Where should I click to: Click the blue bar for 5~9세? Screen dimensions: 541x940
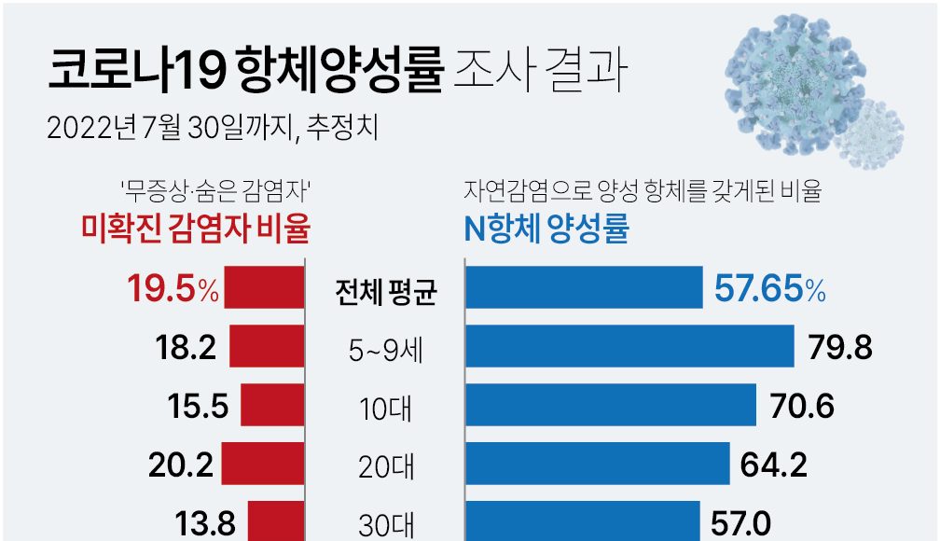[x=629, y=347]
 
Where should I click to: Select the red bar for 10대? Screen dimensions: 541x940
[x=272, y=406]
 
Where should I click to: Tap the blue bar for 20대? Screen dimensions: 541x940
[x=596, y=464]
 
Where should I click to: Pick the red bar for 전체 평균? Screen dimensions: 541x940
[x=264, y=288]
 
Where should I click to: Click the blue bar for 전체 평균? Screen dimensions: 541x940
[x=583, y=288]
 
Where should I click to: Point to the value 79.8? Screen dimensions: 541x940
[x=838, y=348]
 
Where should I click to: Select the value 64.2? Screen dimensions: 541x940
[x=773, y=465]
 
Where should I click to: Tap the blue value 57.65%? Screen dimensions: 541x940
[x=769, y=290]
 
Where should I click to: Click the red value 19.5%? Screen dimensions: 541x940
[x=173, y=290]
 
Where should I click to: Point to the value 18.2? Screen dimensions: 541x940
[x=186, y=348]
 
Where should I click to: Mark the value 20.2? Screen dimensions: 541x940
[x=182, y=465]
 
